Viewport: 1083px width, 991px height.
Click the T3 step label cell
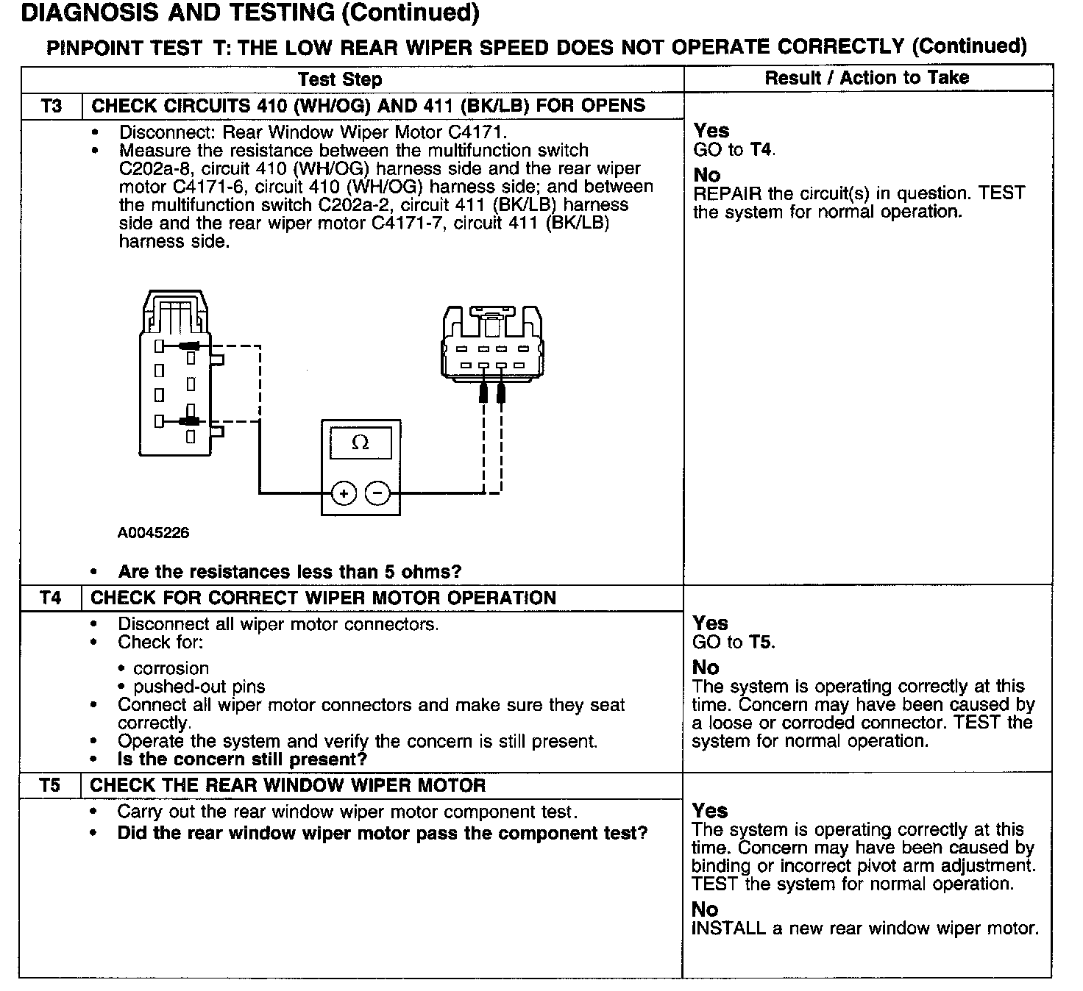click(x=52, y=106)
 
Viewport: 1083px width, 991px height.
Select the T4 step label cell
click(x=51, y=598)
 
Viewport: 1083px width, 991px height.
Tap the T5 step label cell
click(x=50, y=785)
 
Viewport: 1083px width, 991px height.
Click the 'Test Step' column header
click(x=340, y=79)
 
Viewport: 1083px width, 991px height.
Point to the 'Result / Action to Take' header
click(x=867, y=78)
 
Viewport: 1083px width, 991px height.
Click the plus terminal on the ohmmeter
click(x=344, y=493)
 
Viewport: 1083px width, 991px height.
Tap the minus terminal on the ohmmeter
click(x=378, y=493)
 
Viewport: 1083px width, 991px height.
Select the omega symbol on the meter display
click(x=361, y=443)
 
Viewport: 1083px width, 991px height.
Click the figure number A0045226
click(x=153, y=533)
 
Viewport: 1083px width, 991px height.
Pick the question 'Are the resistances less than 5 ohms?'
click(x=289, y=572)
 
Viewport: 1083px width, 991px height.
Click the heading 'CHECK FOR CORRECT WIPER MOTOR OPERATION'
click(x=323, y=598)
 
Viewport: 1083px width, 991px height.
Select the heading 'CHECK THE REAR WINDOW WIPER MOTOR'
click(x=288, y=785)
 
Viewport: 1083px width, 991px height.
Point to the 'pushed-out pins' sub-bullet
click(x=199, y=687)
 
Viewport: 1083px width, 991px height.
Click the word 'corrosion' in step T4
click(x=171, y=668)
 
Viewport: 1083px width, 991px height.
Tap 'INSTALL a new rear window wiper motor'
click(x=865, y=929)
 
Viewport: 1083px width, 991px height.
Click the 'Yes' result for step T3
click(x=711, y=131)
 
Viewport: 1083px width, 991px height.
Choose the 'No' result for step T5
click(x=704, y=909)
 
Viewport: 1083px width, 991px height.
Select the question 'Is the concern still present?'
click(x=242, y=759)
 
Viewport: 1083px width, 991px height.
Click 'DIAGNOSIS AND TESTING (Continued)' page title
click(x=251, y=13)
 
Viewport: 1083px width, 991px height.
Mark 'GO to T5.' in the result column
click(x=734, y=643)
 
